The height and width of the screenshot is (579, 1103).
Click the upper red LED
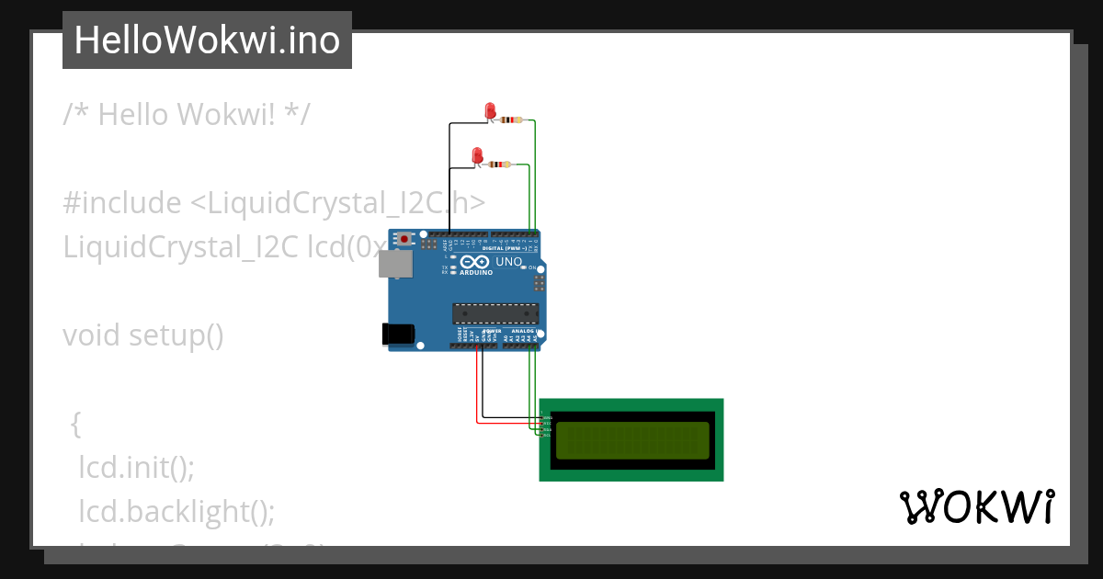[x=490, y=111]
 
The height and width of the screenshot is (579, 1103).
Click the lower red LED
[x=477, y=155]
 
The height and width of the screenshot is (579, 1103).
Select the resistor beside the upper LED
[x=512, y=120]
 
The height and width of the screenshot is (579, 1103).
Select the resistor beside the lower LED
[x=499, y=165]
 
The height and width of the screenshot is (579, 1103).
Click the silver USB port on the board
[x=396, y=265]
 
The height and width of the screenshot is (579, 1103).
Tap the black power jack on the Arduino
[x=397, y=333]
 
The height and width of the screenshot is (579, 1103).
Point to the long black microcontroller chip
[x=495, y=312]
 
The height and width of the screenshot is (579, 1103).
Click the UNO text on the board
[x=509, y=262]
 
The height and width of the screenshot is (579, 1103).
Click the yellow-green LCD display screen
[x=632, y=440]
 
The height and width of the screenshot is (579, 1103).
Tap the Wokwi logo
[x=976, y=507]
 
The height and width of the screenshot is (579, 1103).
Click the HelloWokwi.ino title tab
[x=207, y=40]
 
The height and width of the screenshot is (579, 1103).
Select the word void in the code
[x=91, y=335]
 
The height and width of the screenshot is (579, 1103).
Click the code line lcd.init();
[x=136, y=467]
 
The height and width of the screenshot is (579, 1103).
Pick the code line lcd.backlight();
[x=176, y=511]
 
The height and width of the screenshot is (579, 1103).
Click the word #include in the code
[x=122, y=203]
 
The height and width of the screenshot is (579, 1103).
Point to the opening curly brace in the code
[x=76, y=424]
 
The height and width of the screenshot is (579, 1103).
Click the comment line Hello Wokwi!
[x=187, y=115]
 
